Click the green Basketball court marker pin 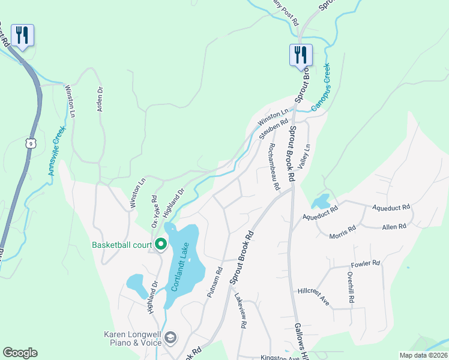pos(161,244)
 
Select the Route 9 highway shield pos(30,143)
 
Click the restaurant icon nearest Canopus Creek pos(301,55)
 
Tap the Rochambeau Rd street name pos(274,166)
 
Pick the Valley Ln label pos(306,155)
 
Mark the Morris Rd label pos(343,232)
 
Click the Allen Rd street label pos(394,226)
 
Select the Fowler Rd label pos(366,263)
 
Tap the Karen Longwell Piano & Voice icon pos(170,338)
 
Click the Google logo pos(20,353)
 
